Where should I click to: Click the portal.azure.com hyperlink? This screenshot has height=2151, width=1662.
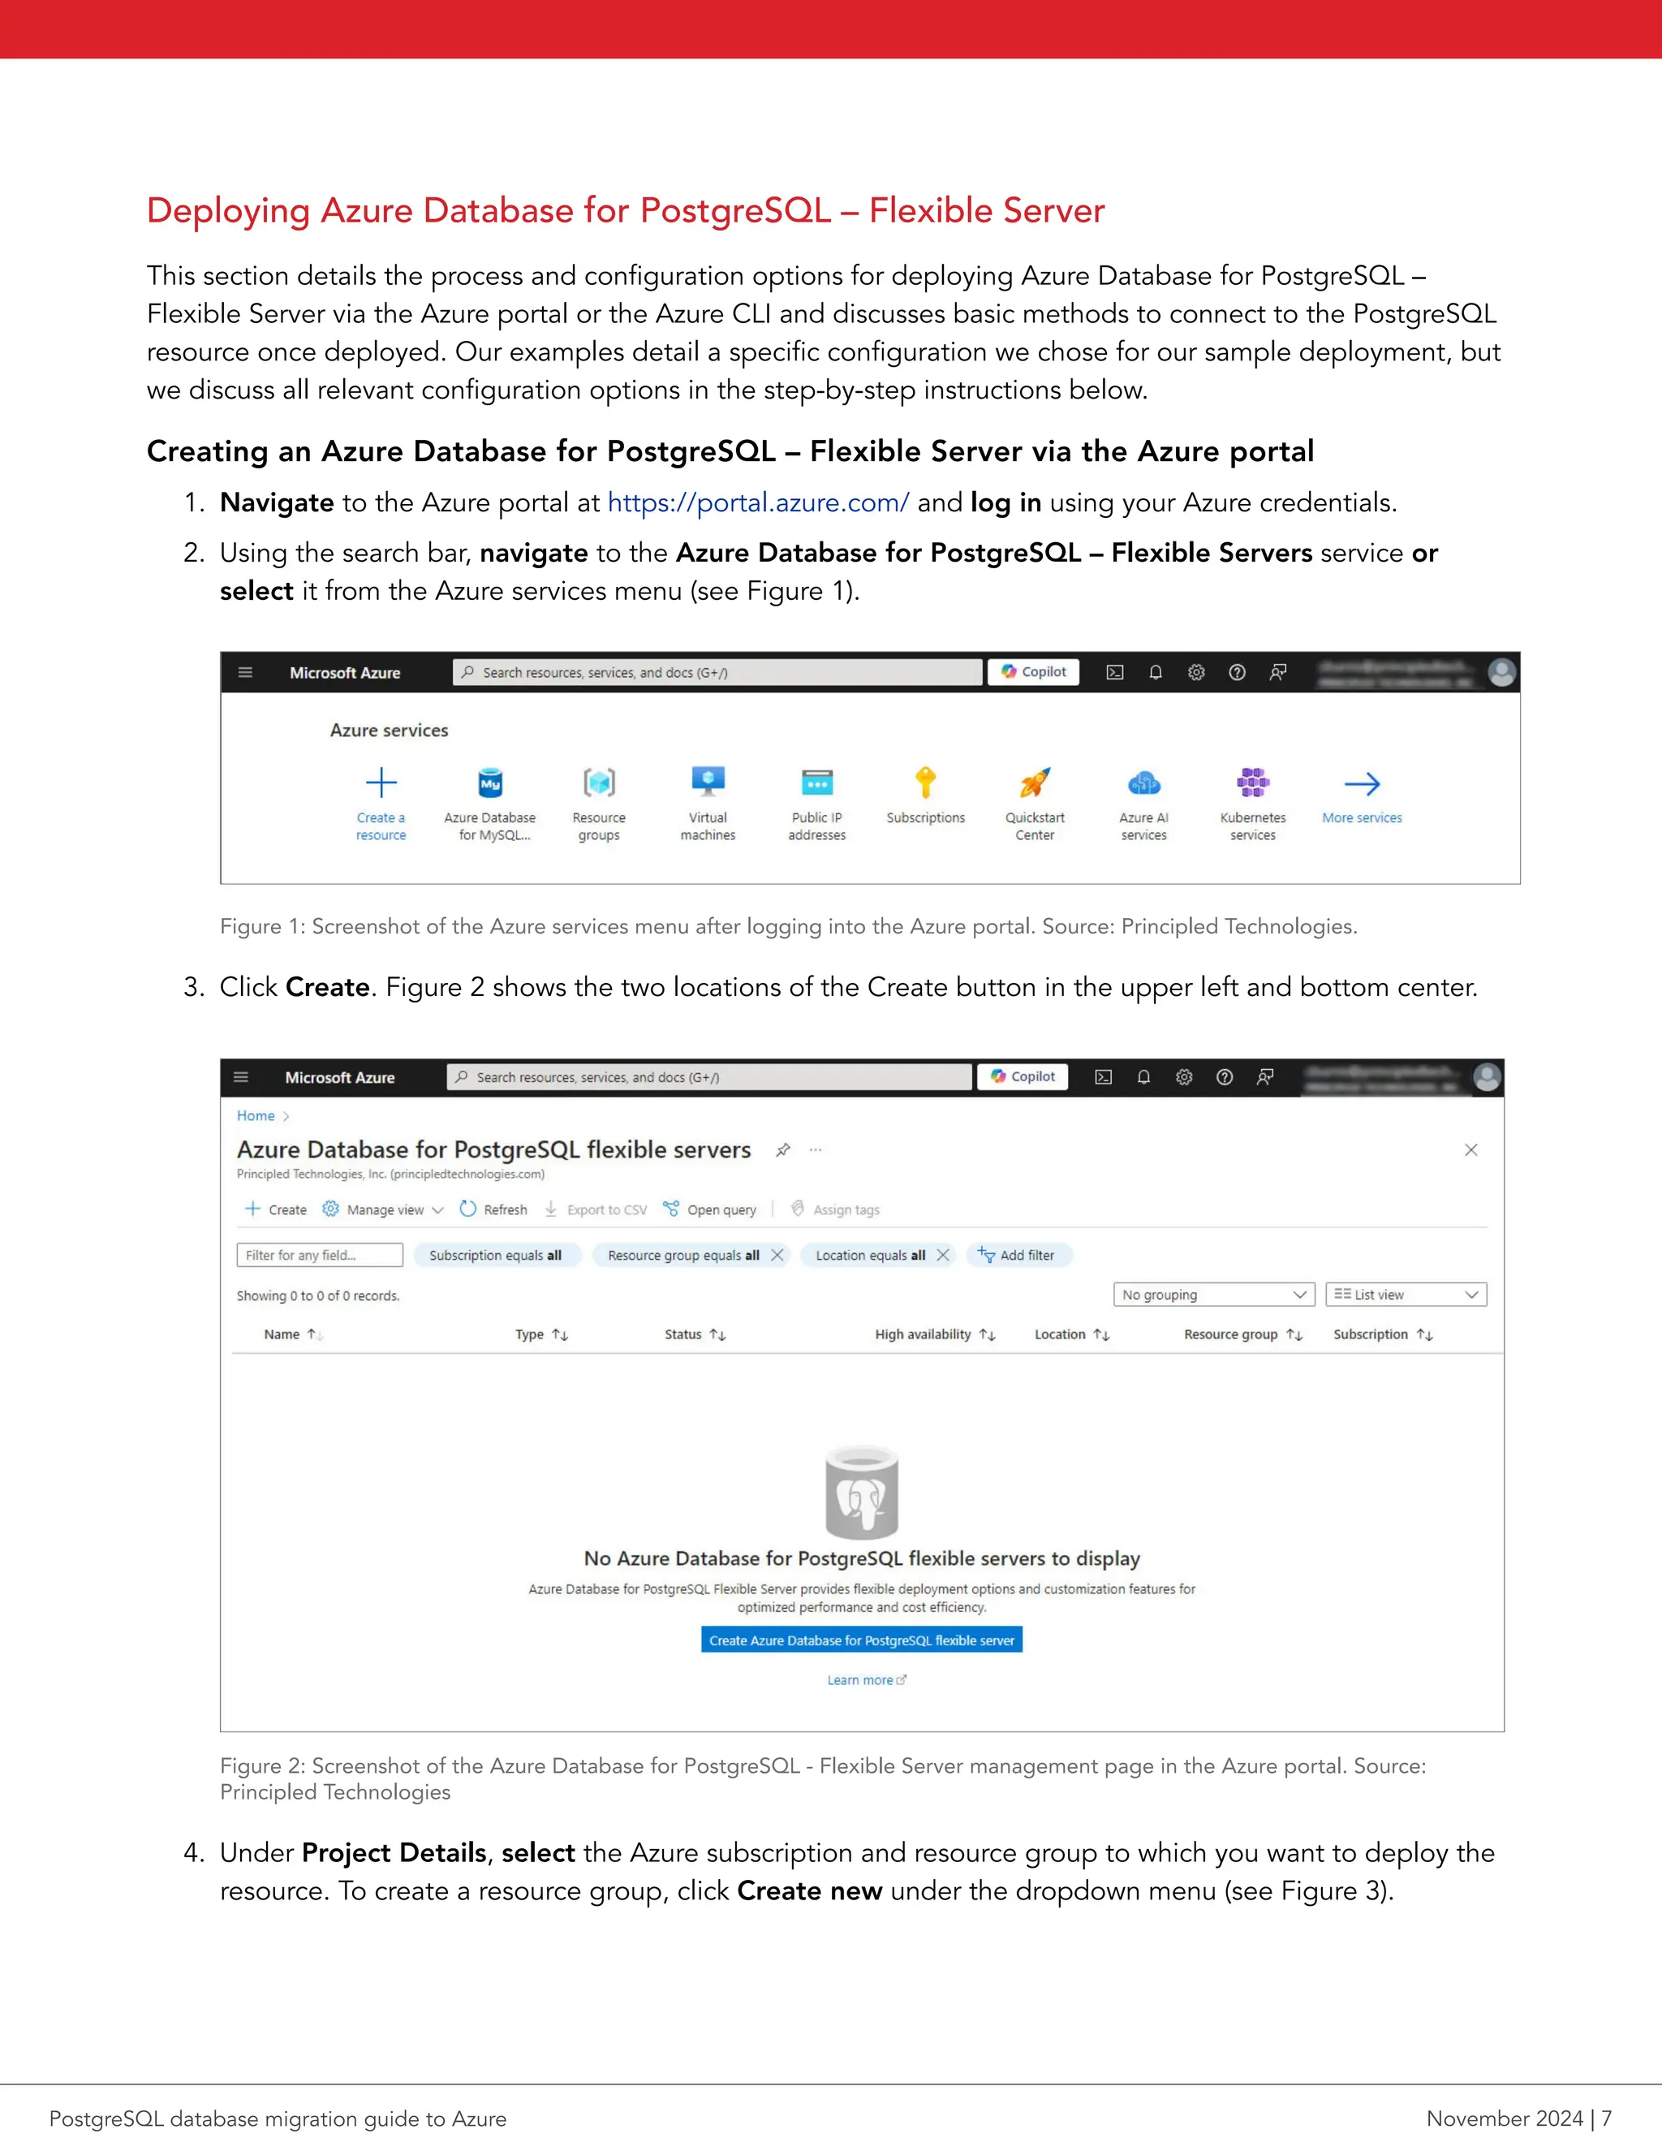[757, 503]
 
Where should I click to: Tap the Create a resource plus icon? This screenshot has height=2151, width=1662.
[381, 783]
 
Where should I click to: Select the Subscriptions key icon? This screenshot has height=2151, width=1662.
[925, 783]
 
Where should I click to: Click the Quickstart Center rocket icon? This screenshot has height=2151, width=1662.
[1035, 783]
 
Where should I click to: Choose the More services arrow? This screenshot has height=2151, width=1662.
[1362, 784]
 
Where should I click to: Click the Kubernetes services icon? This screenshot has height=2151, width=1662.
[1252, 783]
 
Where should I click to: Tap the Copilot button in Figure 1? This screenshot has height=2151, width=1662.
[1034, 672]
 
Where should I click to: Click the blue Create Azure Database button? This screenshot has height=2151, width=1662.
[862, 1640]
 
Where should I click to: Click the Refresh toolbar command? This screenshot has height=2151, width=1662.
[494, 1209]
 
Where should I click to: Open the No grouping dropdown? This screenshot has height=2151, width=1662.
[1213, 1294]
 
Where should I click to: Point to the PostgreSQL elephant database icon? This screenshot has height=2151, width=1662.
[862, 1493]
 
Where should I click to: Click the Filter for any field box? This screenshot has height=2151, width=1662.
[319, 1255]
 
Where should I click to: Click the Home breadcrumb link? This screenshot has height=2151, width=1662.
[255, 1116]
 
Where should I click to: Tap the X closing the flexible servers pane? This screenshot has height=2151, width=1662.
[1471, 1149]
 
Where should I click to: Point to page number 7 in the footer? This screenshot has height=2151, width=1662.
[1606, 2119]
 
